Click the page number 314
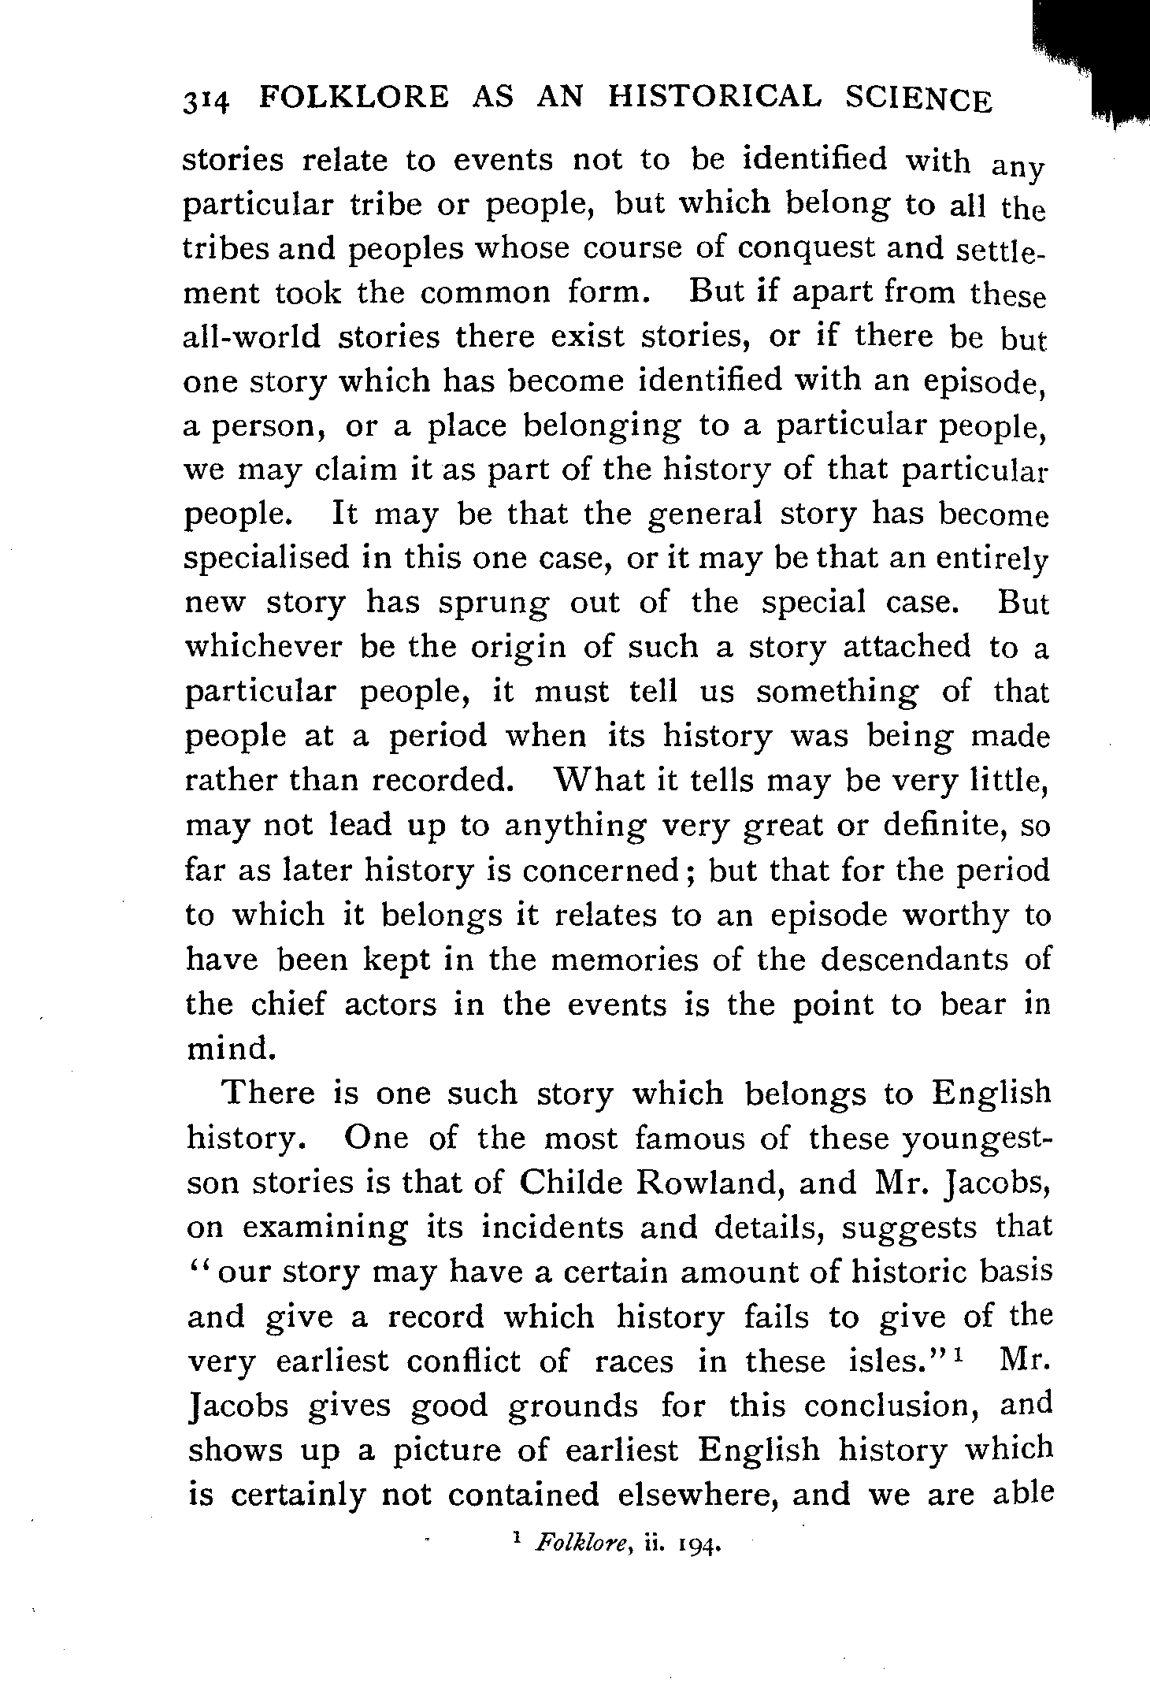[206, 102]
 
